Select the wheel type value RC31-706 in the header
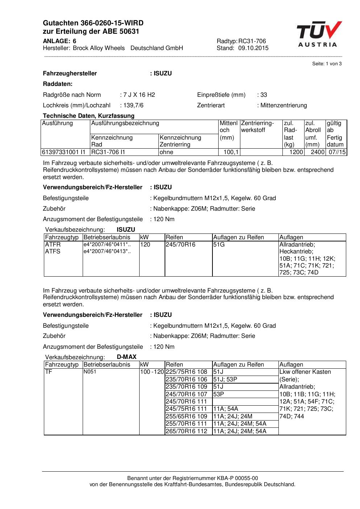tap(252, 41)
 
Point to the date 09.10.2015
tap(253, 48)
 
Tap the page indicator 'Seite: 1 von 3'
tap(327, 64)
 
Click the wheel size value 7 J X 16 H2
tap(139, 95)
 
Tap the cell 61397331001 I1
tap(63, 152)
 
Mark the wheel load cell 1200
tap(296, 152)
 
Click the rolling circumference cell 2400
tap(317, 152)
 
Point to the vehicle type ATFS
tap(53, 251)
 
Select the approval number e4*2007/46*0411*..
tap(107, 245)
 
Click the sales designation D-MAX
tap(127, 357)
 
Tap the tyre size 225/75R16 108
tap(186, 372)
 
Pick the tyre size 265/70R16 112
tap(186, 431)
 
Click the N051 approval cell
tap(90, 372)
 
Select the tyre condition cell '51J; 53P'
tap(225, 379)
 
